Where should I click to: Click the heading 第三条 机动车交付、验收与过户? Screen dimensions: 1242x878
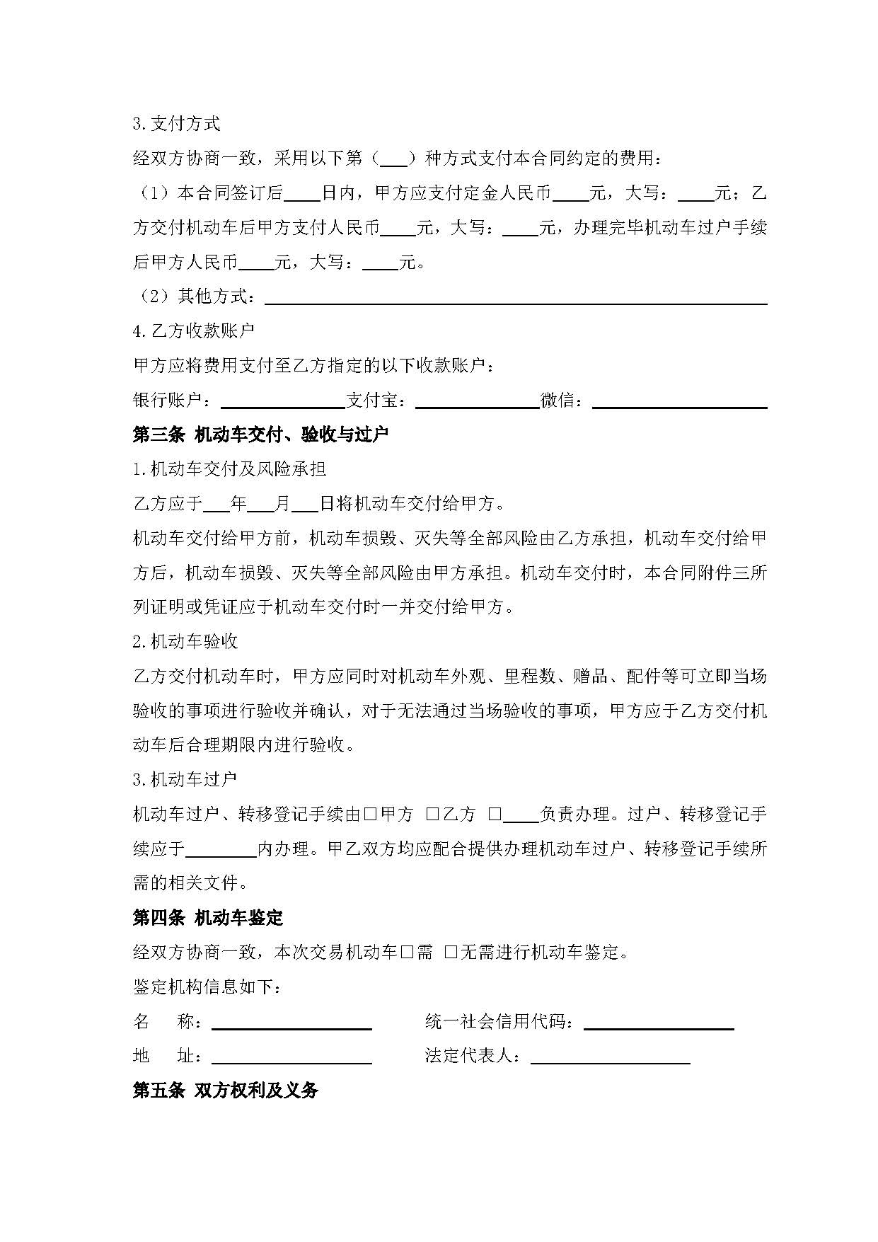(x=260, y=435)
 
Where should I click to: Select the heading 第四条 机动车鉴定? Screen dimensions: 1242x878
(x=208, y=918)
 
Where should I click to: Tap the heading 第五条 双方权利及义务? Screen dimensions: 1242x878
(x=225, y=1091)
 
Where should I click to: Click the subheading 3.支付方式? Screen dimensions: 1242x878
(x=177, y=124)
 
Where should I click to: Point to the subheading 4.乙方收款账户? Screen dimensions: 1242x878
(x=194, y=330)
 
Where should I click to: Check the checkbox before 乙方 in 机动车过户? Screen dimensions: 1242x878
(x=433, y=815)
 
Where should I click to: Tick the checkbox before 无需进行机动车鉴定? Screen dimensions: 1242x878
(x=451, y=953)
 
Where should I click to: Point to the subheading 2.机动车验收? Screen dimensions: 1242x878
(x=185, y=642)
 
